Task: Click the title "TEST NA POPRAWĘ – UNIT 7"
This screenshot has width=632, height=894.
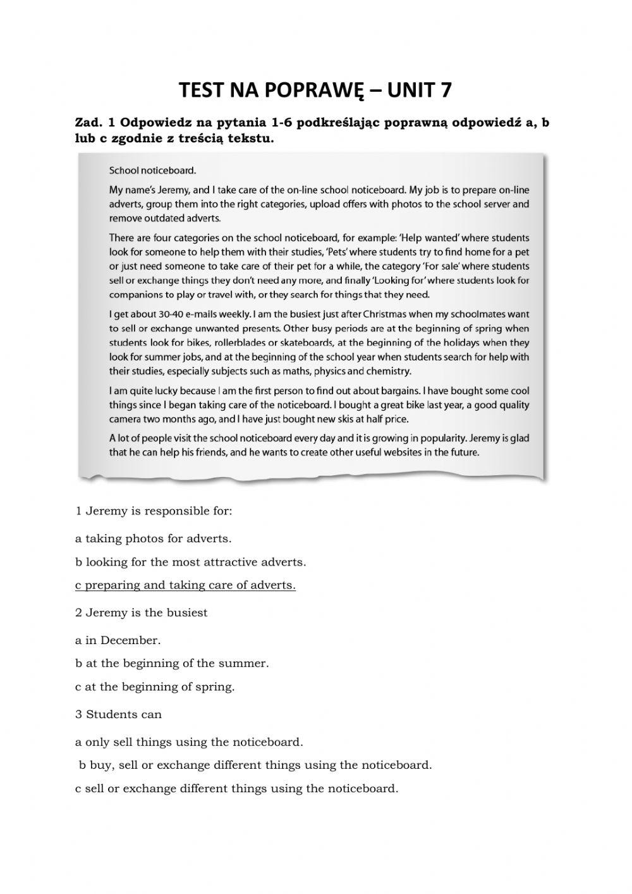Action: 315,90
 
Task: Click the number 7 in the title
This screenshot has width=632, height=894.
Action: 446,90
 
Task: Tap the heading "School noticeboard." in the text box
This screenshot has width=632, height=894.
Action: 153,170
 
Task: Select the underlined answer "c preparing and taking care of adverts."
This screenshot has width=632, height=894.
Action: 185,585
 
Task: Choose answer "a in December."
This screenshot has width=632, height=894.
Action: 118,640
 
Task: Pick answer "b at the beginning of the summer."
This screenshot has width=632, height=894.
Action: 172,664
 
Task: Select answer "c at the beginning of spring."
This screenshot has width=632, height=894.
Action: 155,686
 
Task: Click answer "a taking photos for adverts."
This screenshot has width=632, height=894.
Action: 154,539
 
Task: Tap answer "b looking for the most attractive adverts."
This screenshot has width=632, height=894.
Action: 190,562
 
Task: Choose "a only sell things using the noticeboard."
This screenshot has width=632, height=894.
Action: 189,742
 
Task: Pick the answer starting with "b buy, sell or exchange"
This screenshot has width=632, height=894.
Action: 255,765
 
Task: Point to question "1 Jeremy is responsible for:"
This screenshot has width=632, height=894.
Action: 154,511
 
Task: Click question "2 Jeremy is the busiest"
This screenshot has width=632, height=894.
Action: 141,612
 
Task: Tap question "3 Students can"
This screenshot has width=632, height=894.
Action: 118,714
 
